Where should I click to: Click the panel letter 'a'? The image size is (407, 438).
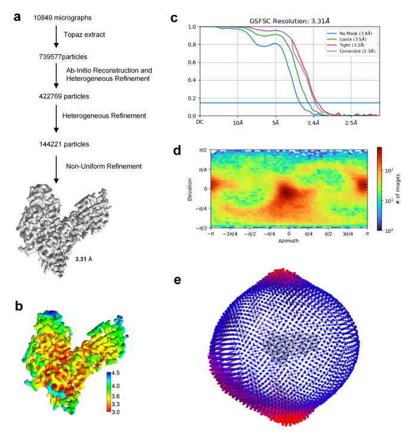tap(18, 16)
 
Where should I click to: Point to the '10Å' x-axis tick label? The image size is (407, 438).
tap(238, 122)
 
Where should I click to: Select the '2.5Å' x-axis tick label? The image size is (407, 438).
tap(351, 122)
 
